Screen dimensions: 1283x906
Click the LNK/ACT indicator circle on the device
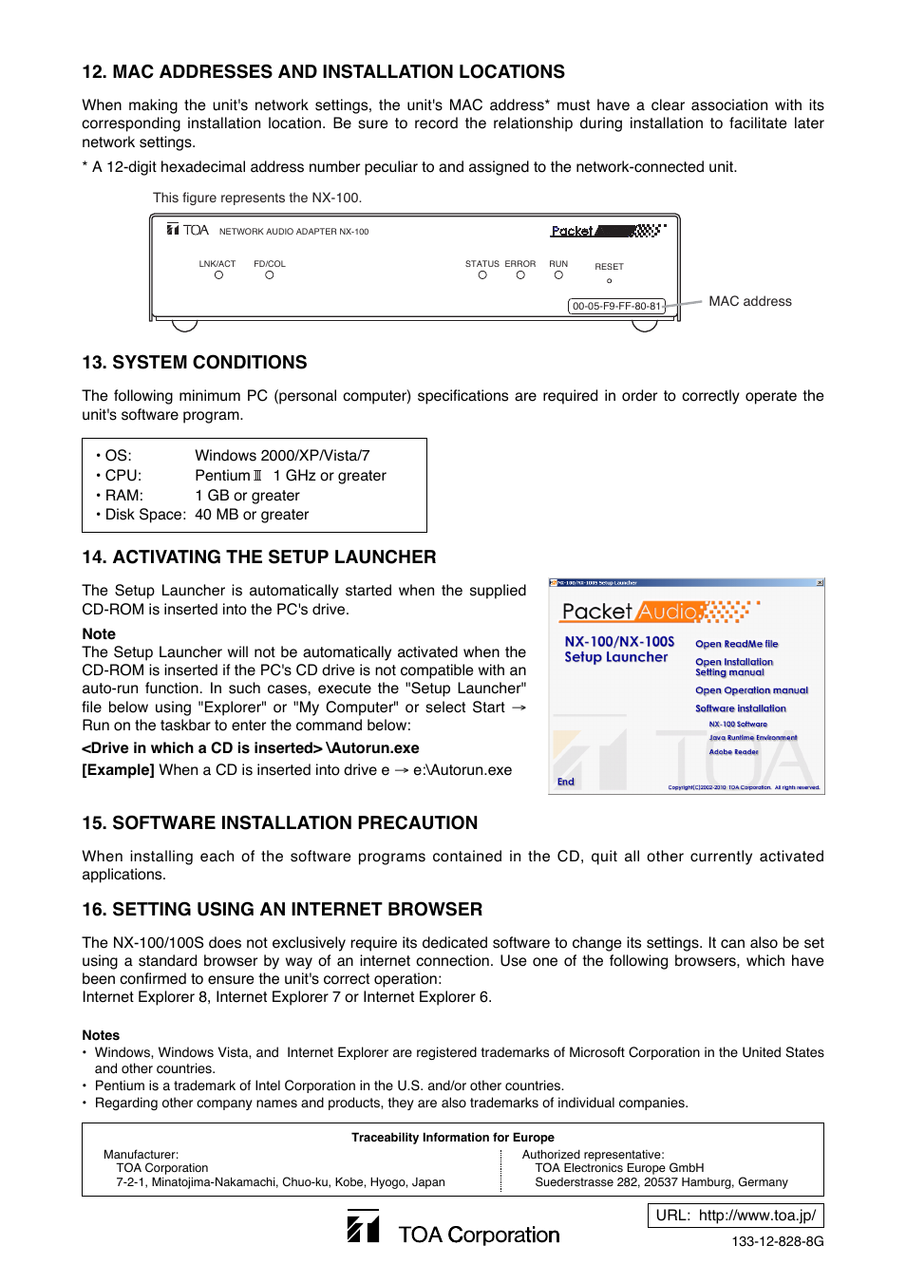coord(218,275)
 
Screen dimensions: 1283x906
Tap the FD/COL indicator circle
coord(270,275)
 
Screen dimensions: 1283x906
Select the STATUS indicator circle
coord(482,275)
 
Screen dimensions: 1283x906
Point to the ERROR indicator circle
coord(520,275)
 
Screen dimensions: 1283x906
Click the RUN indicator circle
coord(558,275)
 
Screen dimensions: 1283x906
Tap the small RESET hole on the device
coord(610,281)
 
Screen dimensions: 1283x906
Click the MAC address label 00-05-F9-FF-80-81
coord(616,307)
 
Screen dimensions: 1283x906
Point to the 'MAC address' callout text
coord(749,302)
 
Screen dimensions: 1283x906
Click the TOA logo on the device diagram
coord(188,230)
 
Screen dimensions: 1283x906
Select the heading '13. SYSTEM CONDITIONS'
coord(195,363)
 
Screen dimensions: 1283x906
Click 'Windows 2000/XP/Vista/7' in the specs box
coord(282,456)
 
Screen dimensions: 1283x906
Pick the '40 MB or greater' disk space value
coord(252,515)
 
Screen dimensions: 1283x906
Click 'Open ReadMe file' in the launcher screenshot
coord(736,644)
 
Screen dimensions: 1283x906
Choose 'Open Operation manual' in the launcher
coord(751,690)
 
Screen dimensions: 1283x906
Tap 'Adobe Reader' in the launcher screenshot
coord(733,752)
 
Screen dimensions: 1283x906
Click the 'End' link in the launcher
coord(566,783)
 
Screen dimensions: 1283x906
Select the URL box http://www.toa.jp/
coord(735,1216)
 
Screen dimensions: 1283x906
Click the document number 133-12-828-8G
coord(777,1242)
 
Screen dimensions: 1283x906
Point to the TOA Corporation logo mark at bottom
coord(363,1227)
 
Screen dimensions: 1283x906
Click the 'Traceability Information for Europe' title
coord(453,1138)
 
